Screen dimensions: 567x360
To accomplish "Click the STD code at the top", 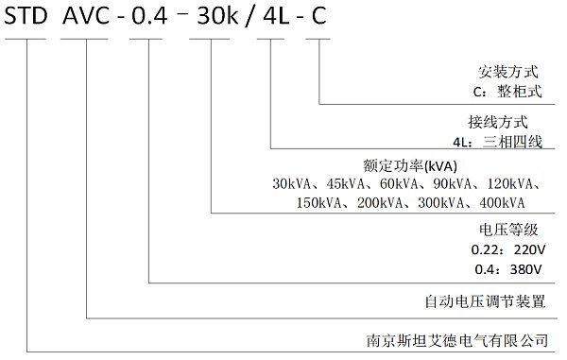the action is pos(26,16).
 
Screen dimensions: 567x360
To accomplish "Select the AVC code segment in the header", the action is pos(86,16).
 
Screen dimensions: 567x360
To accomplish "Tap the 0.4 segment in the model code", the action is pos(149,16).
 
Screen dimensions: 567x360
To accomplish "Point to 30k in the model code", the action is pos(217,16).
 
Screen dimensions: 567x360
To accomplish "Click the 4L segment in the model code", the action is pos(276,16).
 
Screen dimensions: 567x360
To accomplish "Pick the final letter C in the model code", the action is pos(319,16).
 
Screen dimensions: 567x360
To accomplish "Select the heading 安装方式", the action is pos(508,72).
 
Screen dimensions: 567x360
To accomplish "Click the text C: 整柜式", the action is pos(507,91).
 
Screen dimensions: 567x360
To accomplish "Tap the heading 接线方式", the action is pos(498,122).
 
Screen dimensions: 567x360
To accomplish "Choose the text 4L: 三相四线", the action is pos(498,142).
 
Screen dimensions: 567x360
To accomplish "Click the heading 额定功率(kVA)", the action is pos(410,166).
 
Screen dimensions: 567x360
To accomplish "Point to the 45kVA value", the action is pos(345,184).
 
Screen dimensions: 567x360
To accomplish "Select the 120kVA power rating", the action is pos(510,184).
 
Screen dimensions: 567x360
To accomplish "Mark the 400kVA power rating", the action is pos(502,203).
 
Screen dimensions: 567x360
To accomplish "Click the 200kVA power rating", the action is pos(380,203).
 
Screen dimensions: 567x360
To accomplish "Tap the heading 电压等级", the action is pos(508,230).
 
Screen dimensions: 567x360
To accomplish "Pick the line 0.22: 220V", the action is pos(508,249).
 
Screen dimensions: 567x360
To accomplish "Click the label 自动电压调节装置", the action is pos(485,301).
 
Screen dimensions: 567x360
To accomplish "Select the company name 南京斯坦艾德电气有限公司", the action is pos(457,340).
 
